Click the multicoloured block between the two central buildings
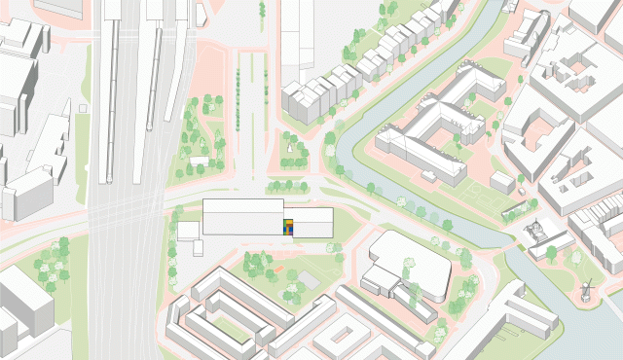pyautogui.click(x=288, y=227)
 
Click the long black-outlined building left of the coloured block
pyautogui.click(x=242, y=216)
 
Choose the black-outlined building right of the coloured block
pyautogui.click(x=312, y=222)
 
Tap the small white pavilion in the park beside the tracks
pyautogui.click(x=200, y=160)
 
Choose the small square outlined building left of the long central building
pyautogui.click(x=189, y=231)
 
